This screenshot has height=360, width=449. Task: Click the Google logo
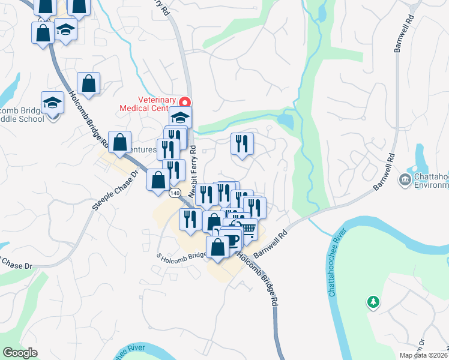coord(20,353)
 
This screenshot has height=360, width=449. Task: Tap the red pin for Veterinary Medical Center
coord(186,103)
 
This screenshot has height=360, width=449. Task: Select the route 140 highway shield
coord(175,193)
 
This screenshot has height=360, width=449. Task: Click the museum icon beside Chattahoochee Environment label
coord(405,179)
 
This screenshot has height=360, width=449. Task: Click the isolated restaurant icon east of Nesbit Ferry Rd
coord(242,143)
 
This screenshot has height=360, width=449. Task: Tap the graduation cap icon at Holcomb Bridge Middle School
coord(52,103)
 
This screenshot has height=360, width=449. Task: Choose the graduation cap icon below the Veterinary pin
coord(180,116)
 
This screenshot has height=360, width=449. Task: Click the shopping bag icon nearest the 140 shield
coord(158,180)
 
